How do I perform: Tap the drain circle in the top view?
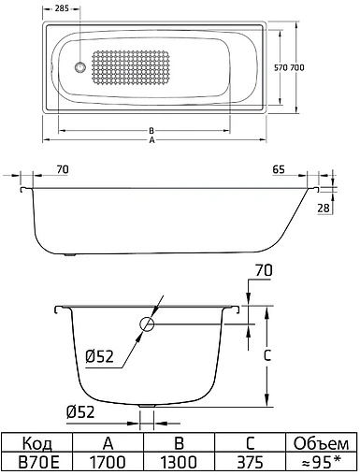(80, 68)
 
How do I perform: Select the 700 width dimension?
(320, 68)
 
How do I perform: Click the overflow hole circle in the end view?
(148, 326)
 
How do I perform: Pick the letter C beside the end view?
(267, 356)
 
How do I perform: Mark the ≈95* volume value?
(320, 462)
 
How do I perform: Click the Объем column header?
(320, 443)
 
